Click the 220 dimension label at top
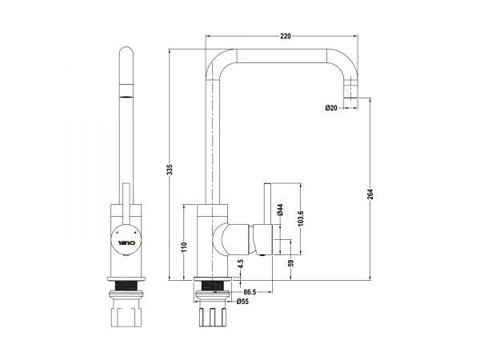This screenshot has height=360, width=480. click(286, 36)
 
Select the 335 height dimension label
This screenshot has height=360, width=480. click(170, 170)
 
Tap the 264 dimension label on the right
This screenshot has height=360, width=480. click(370, 194)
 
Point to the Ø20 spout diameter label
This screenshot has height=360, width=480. click(331, 108)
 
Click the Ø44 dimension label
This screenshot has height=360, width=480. click(280, 210)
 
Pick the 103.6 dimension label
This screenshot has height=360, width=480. click(300, 218)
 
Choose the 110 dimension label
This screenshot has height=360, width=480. click(184, 247)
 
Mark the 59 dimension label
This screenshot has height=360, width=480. click(291, 263)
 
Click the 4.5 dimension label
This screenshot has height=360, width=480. click(241, 264)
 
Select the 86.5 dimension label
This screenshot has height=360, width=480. click(250, 292)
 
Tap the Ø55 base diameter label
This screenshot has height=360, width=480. click(242, 302)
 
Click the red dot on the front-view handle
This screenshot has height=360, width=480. click(118, 233)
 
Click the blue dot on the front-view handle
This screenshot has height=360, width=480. click(135, 233)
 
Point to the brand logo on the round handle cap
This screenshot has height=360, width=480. click(126, 243)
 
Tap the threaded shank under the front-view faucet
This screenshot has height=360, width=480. click(126, 286)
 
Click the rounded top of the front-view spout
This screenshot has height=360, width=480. click(126, 51)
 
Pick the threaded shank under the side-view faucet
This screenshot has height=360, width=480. click(213, 286)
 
